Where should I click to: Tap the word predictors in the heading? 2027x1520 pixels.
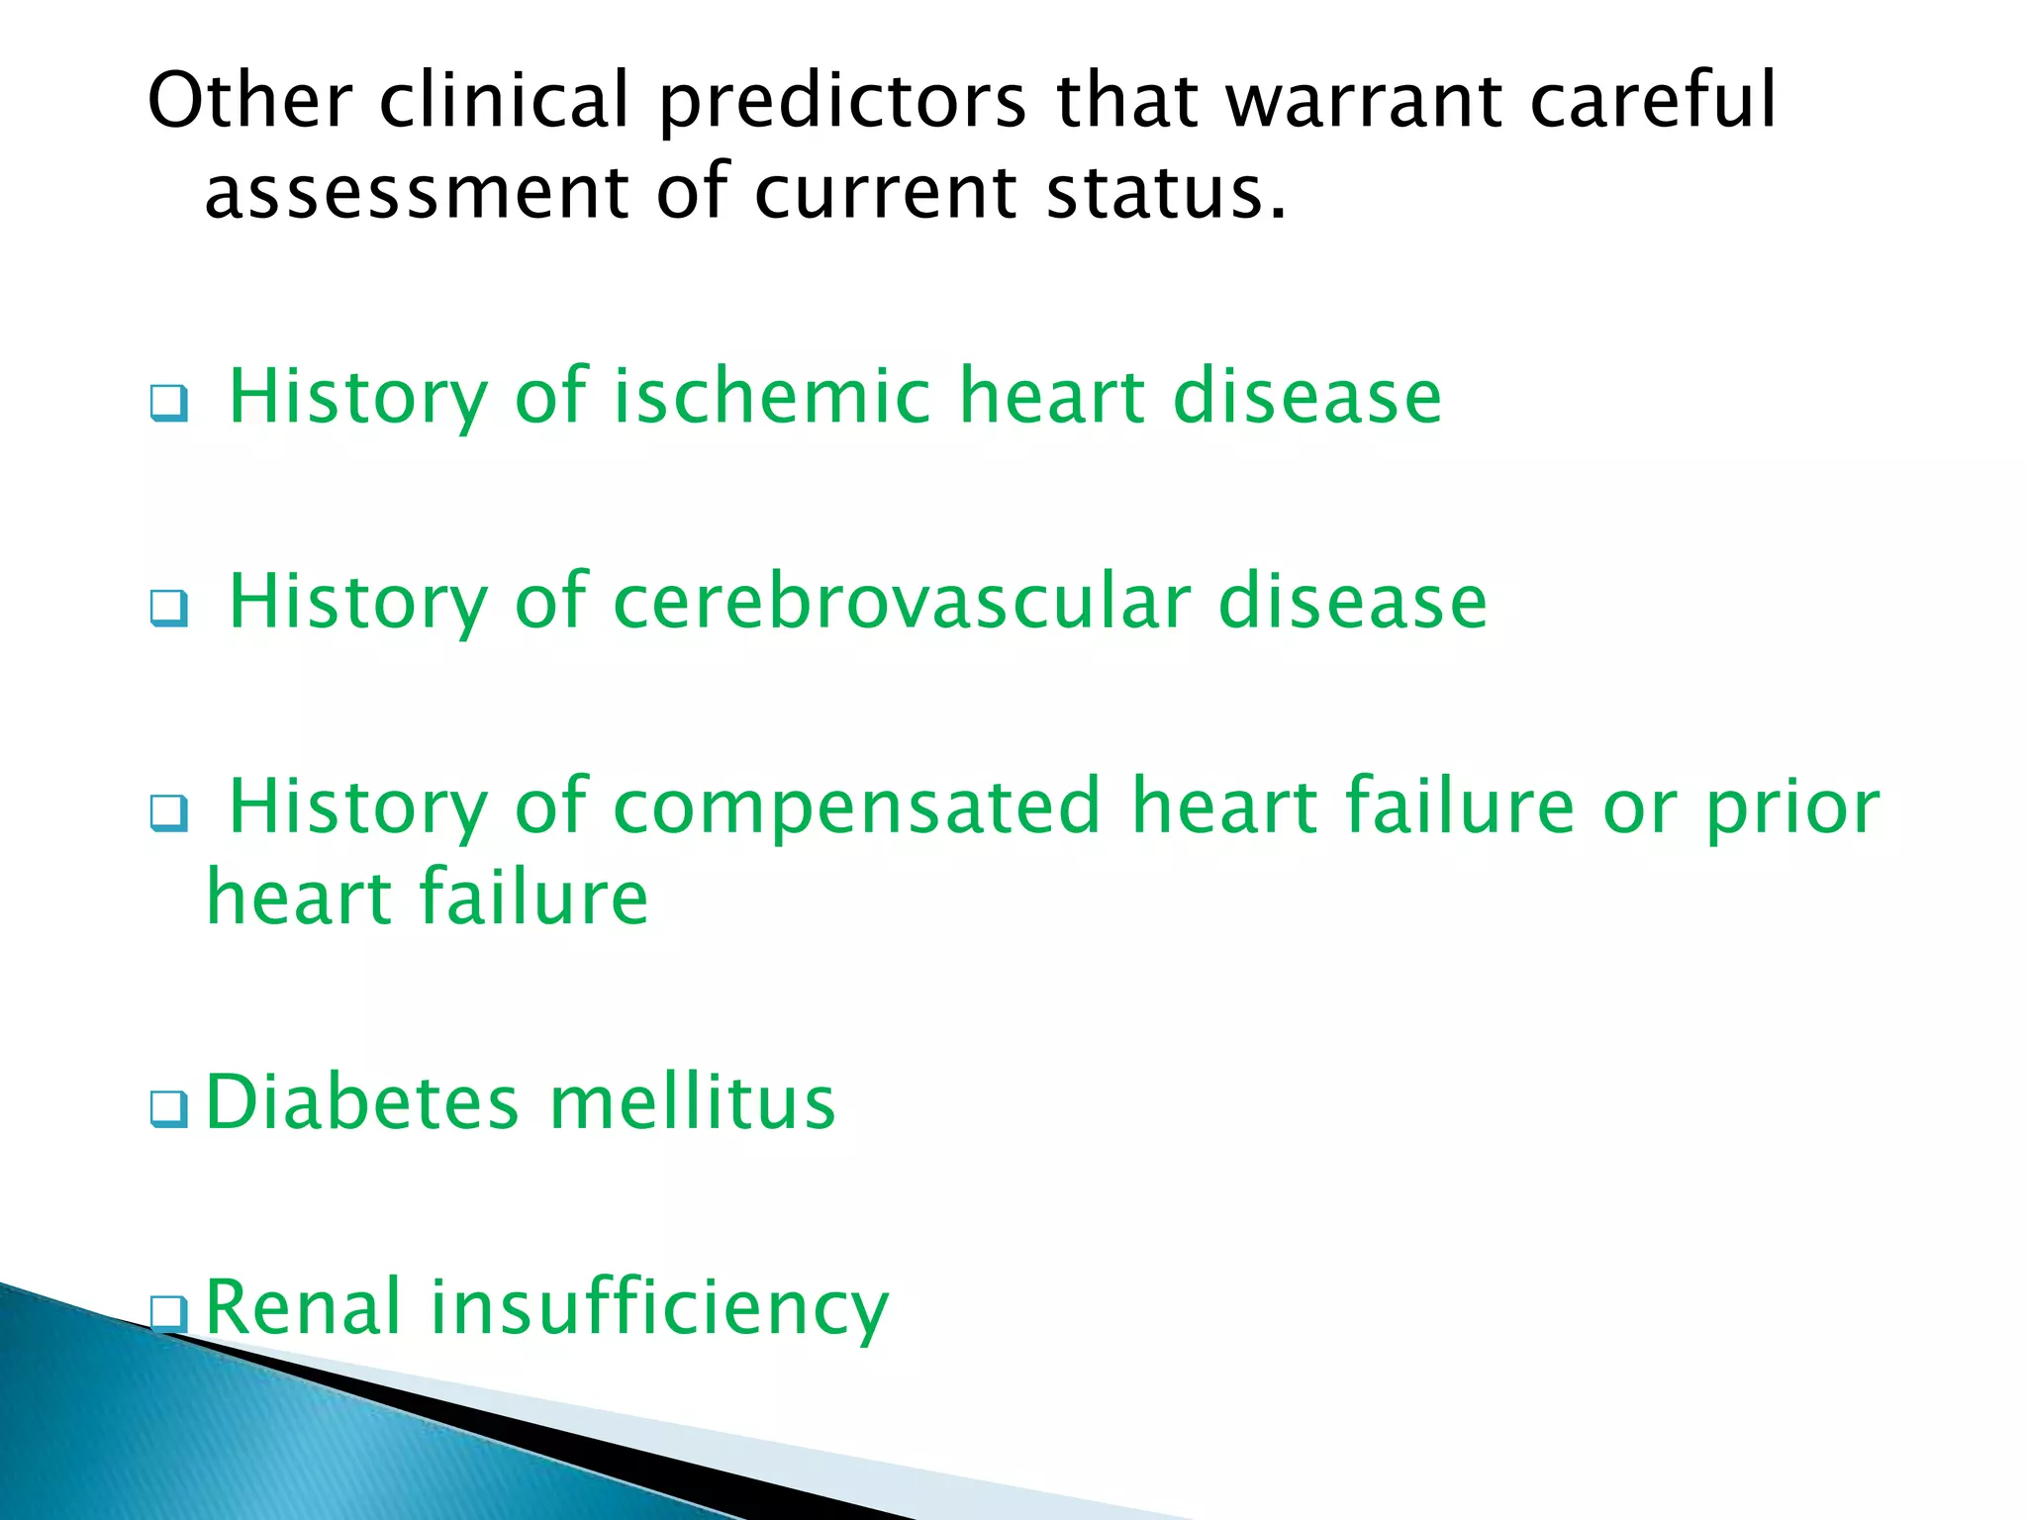843,102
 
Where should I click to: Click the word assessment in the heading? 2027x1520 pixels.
416,192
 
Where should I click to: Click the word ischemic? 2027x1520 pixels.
772,396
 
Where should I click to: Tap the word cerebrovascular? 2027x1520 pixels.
902,602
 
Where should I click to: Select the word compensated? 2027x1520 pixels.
857,807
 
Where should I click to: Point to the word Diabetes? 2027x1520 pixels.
362,1102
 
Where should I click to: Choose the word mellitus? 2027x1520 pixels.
692,1102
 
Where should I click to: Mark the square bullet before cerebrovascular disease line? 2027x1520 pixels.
169,608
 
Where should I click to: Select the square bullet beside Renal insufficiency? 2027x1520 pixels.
169,1313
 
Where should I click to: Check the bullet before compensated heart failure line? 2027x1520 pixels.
169,813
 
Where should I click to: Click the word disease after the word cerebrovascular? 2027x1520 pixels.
1352,602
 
